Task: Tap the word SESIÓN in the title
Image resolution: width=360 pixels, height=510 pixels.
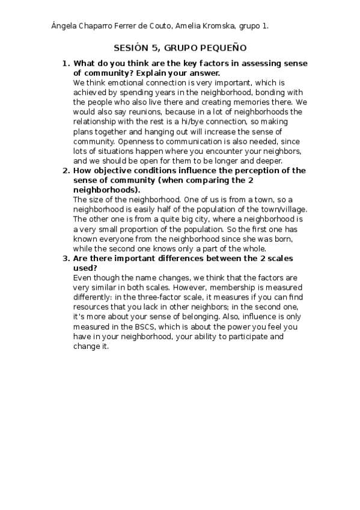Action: (x=129, y=48)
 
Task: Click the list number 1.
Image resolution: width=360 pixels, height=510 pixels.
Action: (x=66, y=64)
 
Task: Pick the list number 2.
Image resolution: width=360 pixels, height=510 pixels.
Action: (x=66, y=171)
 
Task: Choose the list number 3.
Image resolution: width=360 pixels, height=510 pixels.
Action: (x=66, y=259)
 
